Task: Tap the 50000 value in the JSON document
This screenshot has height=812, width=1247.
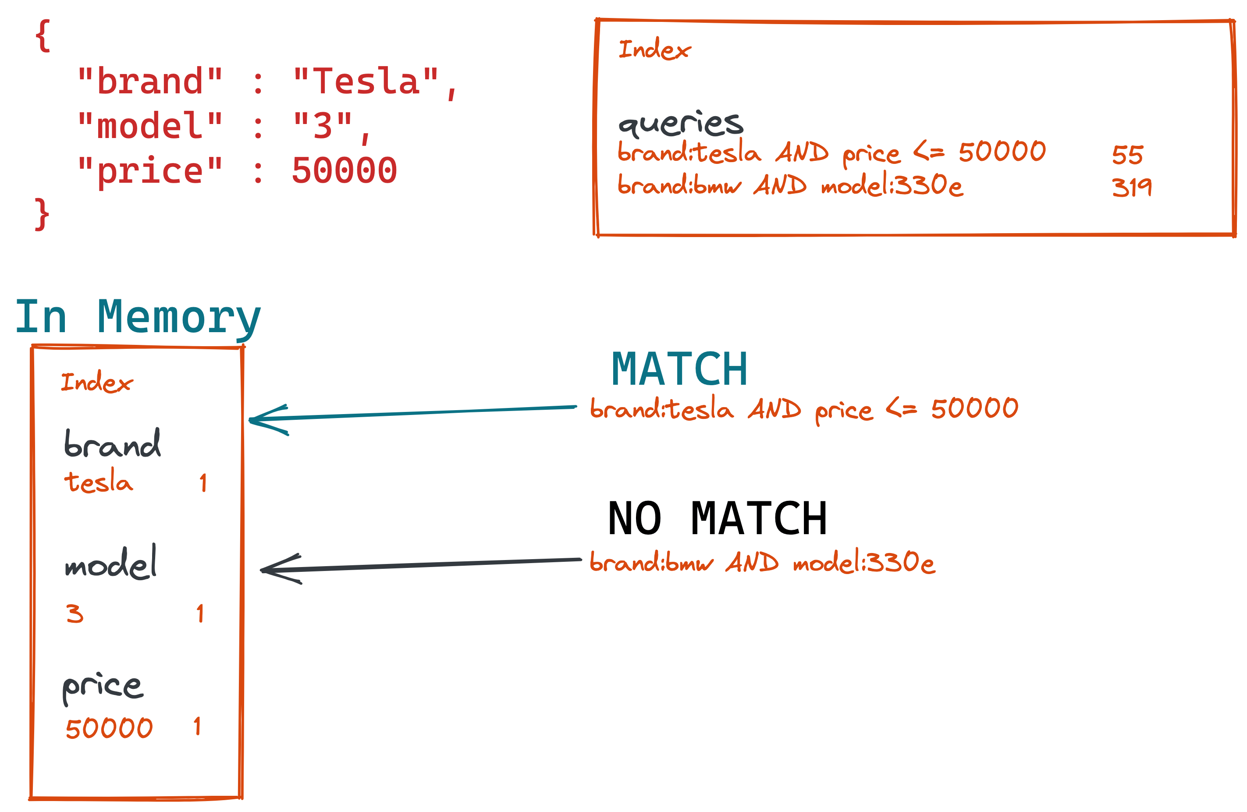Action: click(x=344, y=171)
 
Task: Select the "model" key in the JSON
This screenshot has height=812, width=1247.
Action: click(x=150, y=126)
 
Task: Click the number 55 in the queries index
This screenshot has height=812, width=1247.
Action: click(x=1127, y=155)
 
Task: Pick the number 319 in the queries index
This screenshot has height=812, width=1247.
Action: click(x=1132, y=187)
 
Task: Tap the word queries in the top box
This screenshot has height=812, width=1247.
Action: click(x=680, y=124)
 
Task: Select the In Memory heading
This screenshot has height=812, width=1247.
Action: click(x=137, y=318)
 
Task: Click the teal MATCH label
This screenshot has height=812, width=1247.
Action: click(x=679, y=369)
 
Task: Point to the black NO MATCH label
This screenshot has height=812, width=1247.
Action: click(x=717, y=519)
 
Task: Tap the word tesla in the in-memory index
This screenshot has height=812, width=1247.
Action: click(x=99, y=482)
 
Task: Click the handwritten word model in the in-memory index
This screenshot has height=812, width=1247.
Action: click(x=110, y=563)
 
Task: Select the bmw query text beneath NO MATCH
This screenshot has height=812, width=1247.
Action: click(x=762, y=563)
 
